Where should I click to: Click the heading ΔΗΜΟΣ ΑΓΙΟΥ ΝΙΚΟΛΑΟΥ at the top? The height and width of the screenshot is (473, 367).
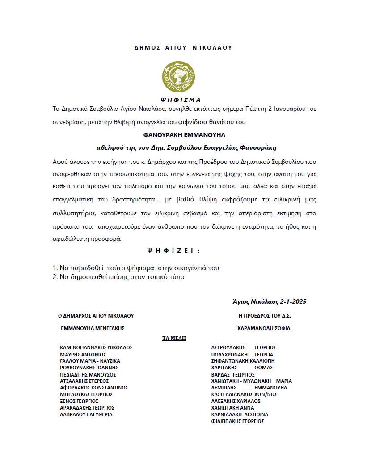(183, 47)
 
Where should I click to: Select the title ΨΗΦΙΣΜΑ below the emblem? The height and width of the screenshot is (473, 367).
(180, 100)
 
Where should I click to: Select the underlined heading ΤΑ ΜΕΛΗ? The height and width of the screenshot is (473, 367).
(174, 338)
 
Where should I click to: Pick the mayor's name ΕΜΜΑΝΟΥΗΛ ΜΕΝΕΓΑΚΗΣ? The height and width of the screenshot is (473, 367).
(93, 328)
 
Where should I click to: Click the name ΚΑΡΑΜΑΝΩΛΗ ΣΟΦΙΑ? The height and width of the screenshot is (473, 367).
(264, 328)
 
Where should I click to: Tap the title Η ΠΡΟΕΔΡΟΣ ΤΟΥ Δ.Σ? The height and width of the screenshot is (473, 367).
(265, 315)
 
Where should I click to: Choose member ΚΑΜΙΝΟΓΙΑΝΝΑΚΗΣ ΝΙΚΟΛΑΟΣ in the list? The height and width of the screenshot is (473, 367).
(96, 347)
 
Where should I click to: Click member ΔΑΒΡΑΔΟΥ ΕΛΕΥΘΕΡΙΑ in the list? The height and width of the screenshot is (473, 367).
(86, 414)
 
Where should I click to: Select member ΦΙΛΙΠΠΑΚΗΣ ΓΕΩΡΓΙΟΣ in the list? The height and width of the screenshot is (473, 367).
(237, 421)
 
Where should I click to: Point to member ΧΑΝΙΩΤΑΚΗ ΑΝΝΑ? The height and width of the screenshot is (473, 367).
(232, 408)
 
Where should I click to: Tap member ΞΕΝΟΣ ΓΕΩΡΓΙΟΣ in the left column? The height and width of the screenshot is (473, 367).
(79, 401)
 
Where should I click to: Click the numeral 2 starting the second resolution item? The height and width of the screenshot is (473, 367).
(55, 277)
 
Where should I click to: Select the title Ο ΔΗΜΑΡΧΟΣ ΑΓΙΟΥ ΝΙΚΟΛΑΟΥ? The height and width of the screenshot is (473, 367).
(96, 315)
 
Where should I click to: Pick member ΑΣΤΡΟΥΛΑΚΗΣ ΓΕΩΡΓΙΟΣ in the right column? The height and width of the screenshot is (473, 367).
(244, 347)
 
